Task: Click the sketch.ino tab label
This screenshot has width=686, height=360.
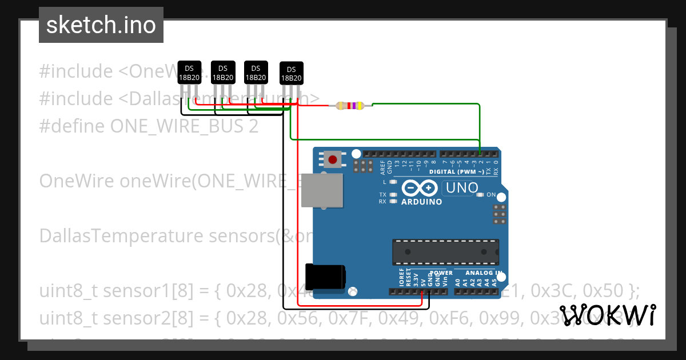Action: click(101, 25)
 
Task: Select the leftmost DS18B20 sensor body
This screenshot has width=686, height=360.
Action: click(189, 73)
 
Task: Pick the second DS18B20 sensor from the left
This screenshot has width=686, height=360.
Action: click(222, 73)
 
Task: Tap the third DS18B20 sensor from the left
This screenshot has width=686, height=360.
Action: click(256, 73)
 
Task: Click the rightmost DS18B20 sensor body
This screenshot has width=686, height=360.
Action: click(291, 73)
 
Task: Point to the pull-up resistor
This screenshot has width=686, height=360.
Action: click(350, 105)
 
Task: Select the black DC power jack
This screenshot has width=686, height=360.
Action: click(324, 276)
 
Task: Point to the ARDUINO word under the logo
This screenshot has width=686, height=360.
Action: click(421, 202)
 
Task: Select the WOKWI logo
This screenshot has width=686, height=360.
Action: click(607, 314)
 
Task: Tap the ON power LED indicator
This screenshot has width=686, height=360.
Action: click(481, 195)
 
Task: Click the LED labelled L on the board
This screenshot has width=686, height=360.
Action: click(393, 182)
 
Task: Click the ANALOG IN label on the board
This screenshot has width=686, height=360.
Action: click(484, 273)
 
